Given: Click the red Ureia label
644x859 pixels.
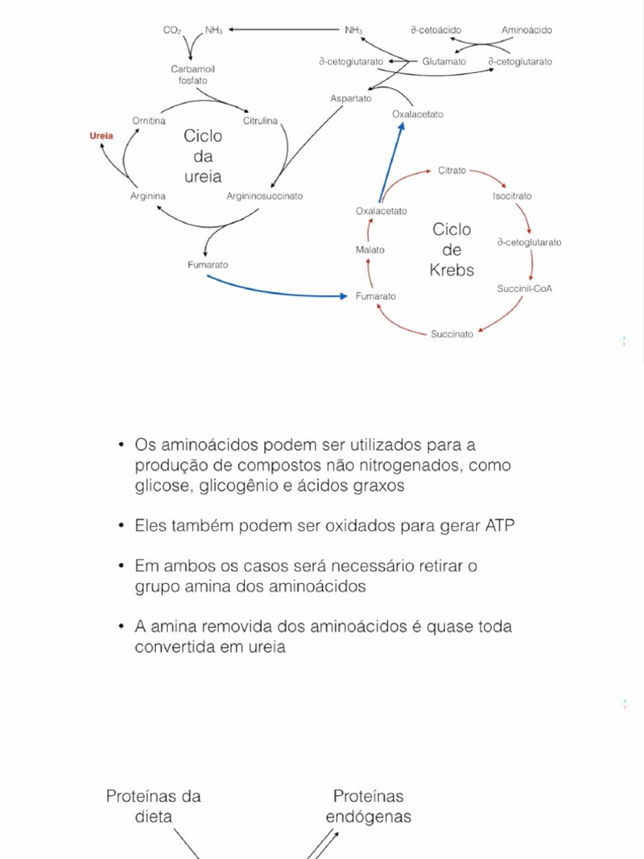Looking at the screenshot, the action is [x=101, y=135].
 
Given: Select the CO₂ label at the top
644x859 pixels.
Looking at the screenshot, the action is [x=172, y=30].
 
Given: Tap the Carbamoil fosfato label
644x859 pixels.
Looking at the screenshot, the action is [x=193, y=75].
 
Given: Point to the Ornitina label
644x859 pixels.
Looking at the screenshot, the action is [x=148, y=121].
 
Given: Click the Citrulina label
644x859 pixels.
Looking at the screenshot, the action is [x=261, y=121].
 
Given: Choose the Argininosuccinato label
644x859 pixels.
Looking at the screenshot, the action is [x=264, y=196].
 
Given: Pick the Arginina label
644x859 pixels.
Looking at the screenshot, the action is [x=148, y=196].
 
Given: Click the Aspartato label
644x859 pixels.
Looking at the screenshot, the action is [x=351, y=98].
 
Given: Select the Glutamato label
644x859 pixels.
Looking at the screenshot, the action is [x=444, y=62].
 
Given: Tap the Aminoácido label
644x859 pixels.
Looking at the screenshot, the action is [x=527, y=30].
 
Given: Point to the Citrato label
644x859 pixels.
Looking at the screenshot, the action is [x=452, y=170].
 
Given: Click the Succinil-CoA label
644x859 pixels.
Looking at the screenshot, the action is [x=524, y=289].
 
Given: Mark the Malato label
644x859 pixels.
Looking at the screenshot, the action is [x=370, y=250].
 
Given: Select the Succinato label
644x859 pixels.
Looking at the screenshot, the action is [x=452, y=334].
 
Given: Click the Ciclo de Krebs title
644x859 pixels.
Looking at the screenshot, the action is [x=452, y=249].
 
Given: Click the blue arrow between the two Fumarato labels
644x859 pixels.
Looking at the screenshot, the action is [x=277, y=291].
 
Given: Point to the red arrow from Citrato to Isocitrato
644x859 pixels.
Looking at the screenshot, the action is [x=491, y=176].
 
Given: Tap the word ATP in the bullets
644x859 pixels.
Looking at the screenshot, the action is [x=501, y=526].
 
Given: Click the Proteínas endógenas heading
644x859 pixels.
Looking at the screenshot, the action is [x=368, y=805].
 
